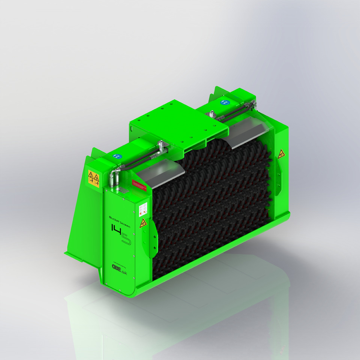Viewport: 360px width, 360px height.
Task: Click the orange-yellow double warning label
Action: [x=93, y=177]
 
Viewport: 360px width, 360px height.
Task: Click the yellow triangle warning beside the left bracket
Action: [x=143, y=224]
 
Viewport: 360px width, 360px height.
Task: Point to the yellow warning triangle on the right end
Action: [x=281, y=153]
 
